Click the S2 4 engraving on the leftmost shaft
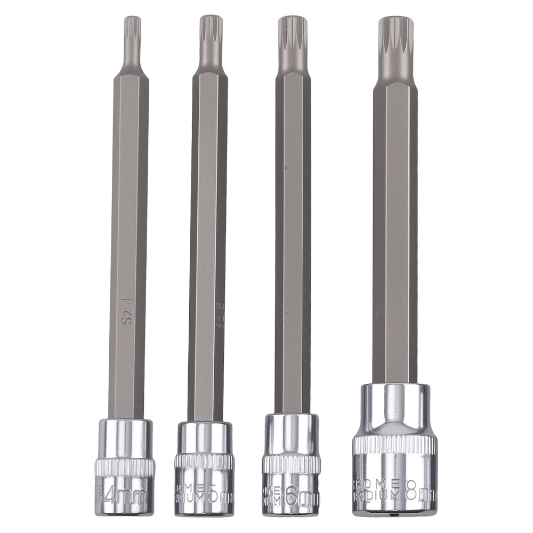click(127, 312)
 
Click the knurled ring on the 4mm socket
click(125, 467)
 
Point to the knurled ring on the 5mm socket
click(204, 462)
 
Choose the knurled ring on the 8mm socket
click(394, 445)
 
